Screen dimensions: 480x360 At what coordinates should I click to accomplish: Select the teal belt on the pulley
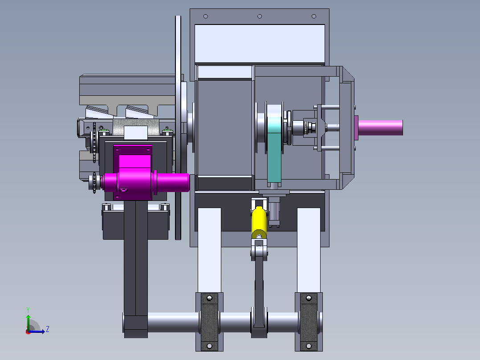tap(274, 150)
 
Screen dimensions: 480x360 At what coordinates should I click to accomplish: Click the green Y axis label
tap(28, 310)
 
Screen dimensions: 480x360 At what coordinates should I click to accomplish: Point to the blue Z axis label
tap(48, 329)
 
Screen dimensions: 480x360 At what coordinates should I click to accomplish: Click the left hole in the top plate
tap(206, 16)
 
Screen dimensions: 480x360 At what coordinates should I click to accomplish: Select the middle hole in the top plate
tap(260, 16)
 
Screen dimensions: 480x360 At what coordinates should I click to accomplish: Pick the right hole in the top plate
tap(314, 16)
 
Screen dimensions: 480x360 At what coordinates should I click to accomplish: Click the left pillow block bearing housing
tap(209, 322)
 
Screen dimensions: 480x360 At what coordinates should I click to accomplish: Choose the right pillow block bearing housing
tap(309, 322)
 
